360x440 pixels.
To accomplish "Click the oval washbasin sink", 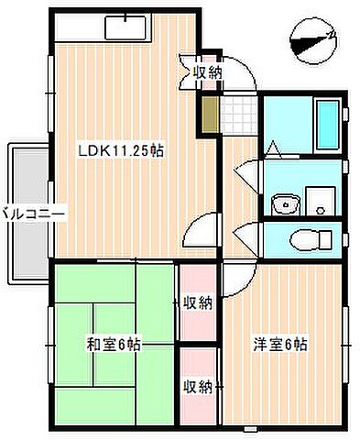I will click(x=285, y=203).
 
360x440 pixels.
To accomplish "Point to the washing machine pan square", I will click(x=320, y=199).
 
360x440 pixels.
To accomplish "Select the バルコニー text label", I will click(x=30, y=213).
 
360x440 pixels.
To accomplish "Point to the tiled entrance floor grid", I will click(x=239, y=113).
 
